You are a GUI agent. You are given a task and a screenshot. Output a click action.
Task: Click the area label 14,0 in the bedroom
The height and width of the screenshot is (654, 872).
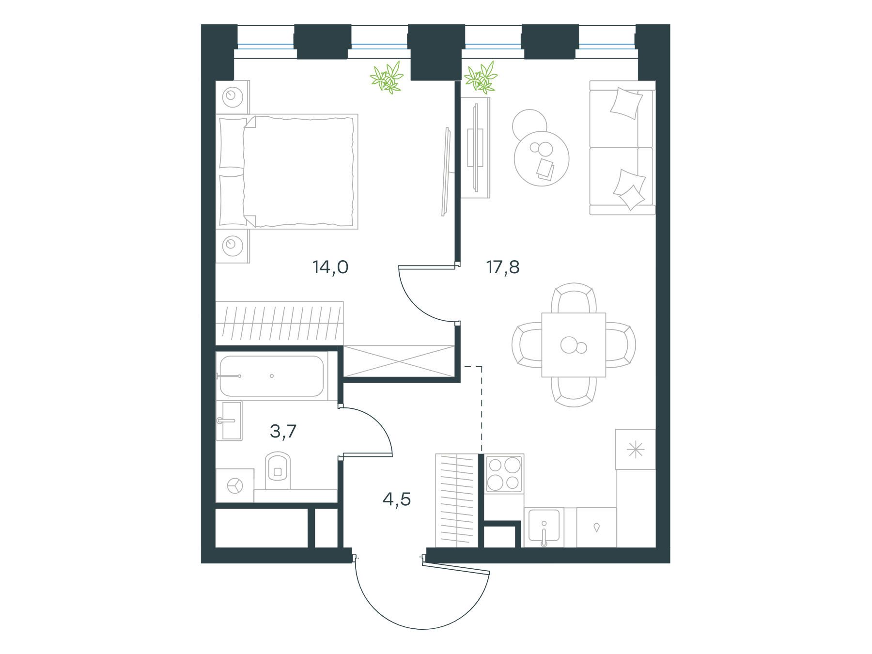pos(331,267)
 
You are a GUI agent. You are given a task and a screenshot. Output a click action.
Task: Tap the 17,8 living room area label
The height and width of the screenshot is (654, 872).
pos(503,267)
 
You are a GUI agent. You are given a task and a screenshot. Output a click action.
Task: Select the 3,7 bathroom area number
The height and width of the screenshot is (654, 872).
pos(283,431)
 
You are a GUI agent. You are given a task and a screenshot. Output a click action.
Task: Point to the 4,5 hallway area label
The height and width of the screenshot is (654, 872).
pos(397,499)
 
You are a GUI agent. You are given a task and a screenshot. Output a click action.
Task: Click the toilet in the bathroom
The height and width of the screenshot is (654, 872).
pos(277,470)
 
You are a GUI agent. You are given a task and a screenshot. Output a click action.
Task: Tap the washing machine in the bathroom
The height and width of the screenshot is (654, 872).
pos(235,485)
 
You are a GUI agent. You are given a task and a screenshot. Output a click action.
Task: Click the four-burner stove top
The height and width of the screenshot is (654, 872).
pos(504,473)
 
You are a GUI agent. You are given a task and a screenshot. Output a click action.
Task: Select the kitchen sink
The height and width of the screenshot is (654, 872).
pos(544,528)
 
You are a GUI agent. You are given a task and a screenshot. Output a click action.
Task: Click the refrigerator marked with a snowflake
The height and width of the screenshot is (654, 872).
pos(636,450)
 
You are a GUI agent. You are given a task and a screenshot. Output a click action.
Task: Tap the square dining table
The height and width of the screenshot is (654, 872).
pos(574,345)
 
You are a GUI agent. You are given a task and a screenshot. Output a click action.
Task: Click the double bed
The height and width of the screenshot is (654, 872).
pos(288,171)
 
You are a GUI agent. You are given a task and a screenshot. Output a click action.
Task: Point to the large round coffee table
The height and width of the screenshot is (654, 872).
pos(542,158)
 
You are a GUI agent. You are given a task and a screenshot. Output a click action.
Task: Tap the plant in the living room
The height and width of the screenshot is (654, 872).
pos(481,78)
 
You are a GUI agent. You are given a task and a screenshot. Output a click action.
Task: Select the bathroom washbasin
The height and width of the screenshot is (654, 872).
pos(229,421)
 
